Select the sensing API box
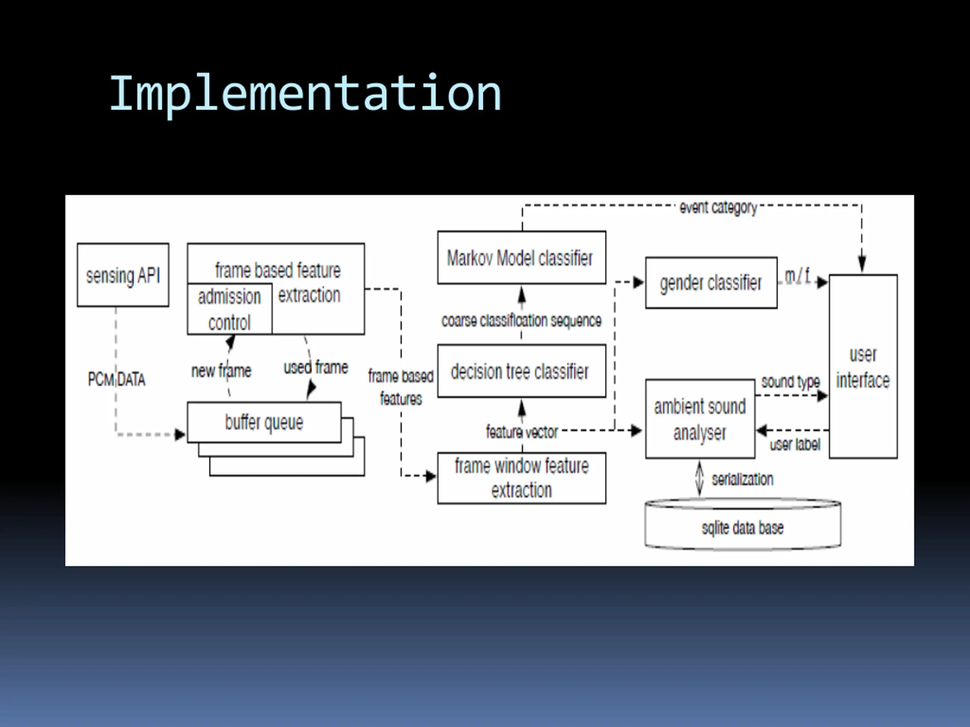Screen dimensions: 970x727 (x=123, y=275)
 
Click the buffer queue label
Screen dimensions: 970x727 (x=264, y=423)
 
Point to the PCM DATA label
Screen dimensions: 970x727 (x=117, y=379)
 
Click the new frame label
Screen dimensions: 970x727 (x=221, y=371)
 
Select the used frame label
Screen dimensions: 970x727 (x=316, y=367)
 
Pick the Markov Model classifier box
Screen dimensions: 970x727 (x=522, y=258)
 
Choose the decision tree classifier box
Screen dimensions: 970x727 (x=522, y=371)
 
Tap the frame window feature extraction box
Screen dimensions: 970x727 (x=522, y=478)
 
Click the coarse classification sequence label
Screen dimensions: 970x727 (x=521, y=321)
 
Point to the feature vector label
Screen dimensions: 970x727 (x=522, y=432)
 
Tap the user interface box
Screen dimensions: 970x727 (x=863, y=367)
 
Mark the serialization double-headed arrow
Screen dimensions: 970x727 (x=699, y=479)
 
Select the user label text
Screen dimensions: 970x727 (x=795, y=445)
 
